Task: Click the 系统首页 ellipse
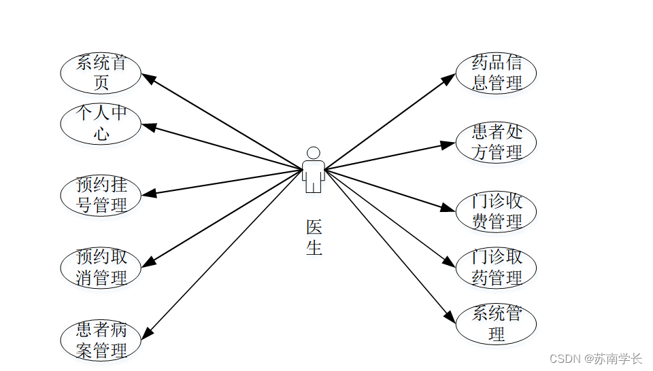tap(101, 73)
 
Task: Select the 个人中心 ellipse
tap(101, 124)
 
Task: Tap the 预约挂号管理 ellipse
tap(101, 195)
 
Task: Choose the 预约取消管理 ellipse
tap(101, 267)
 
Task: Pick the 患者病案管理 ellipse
tap(101, 340)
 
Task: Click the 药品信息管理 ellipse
tap(496, 73)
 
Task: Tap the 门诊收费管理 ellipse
tap(496, 211)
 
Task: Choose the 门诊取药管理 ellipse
tap(496, 267)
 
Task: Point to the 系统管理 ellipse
tap(496, 324)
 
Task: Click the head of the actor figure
tap(313, 153)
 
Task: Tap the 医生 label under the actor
tap(314, 237)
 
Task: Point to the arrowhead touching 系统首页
tap(148, 78)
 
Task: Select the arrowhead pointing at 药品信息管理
tap(449, 79)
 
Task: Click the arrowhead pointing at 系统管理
tap(449, 317)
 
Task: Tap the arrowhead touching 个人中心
tap(148, 126)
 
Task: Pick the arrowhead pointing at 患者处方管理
tap(448, 144)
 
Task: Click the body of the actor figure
tap(313, 175)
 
